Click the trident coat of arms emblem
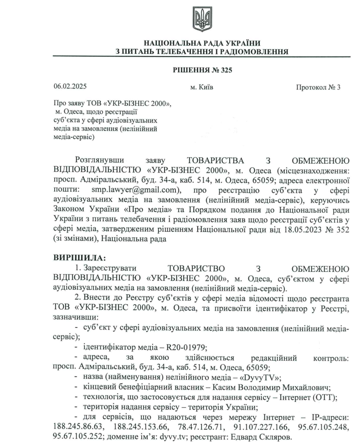click(201, 19)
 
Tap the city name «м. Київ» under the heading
click(201, 87)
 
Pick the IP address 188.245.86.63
click(76, 427)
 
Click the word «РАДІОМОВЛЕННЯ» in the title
click(248, 52)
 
